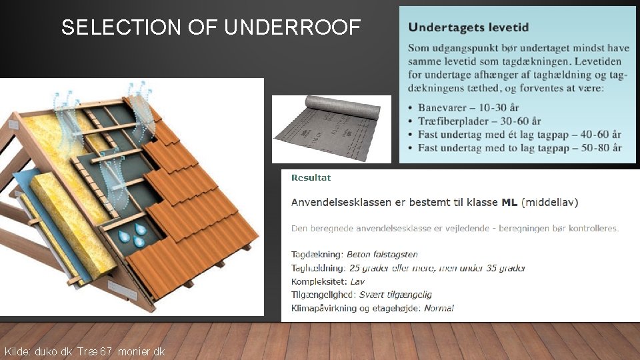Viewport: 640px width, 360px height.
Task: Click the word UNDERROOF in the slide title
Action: click(293, 27)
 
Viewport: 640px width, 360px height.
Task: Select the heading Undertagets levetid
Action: click(468, 27)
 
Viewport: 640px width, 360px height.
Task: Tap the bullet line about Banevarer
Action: click(469, 107)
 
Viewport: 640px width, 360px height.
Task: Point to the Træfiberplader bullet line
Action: click(479, 121)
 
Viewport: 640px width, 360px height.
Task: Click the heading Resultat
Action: click(311, 178)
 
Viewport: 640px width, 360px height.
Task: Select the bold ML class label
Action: click(510, 201)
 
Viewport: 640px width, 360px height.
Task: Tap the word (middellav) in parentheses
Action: click(550, 201)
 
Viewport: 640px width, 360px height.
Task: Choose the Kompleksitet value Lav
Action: click(357, 281)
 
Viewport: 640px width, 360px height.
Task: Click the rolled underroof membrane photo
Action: click(331, 129)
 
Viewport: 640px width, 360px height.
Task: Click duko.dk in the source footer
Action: click(53, 351)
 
